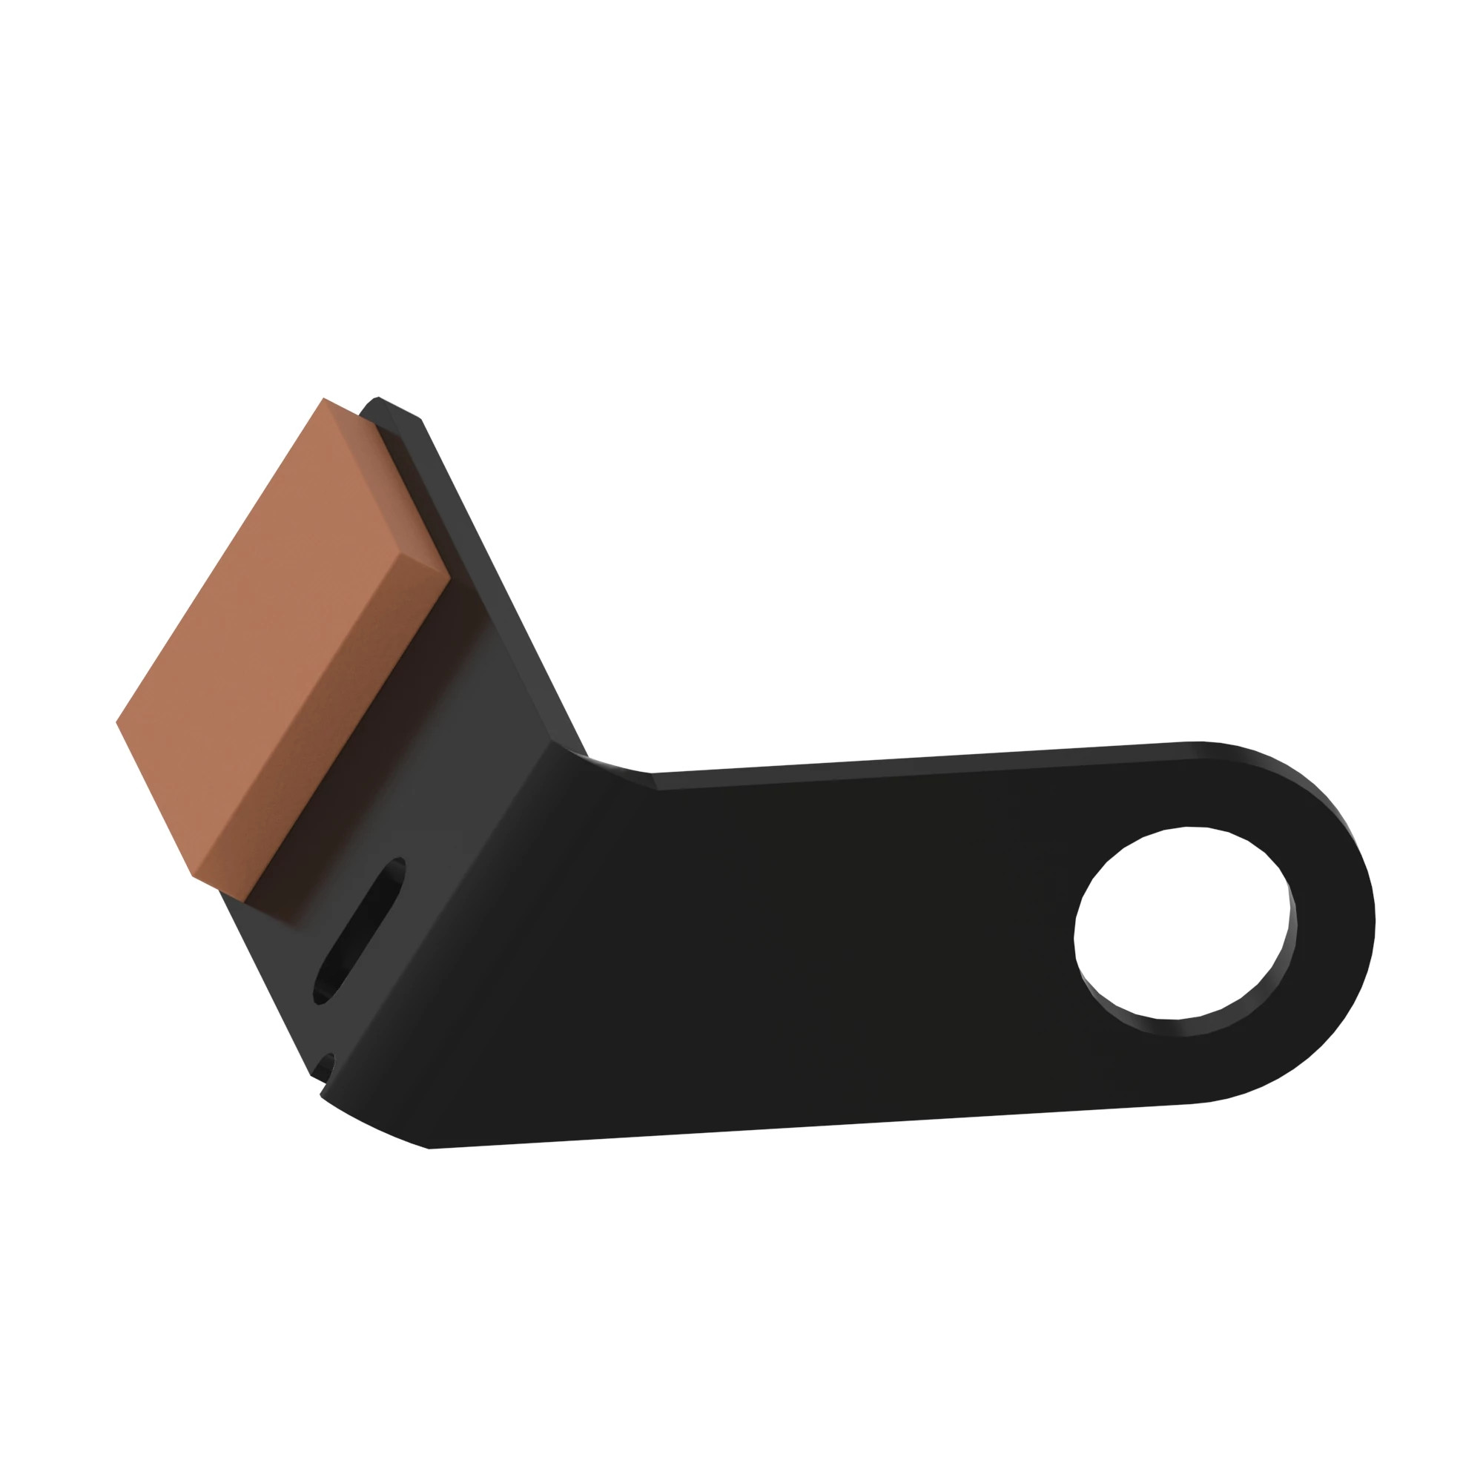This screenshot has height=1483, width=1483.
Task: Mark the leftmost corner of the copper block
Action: click(x=117, y=721)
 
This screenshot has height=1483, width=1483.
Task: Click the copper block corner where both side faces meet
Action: click(x=449, y=572)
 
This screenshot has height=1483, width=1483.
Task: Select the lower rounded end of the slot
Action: click(x=323, y=994)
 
